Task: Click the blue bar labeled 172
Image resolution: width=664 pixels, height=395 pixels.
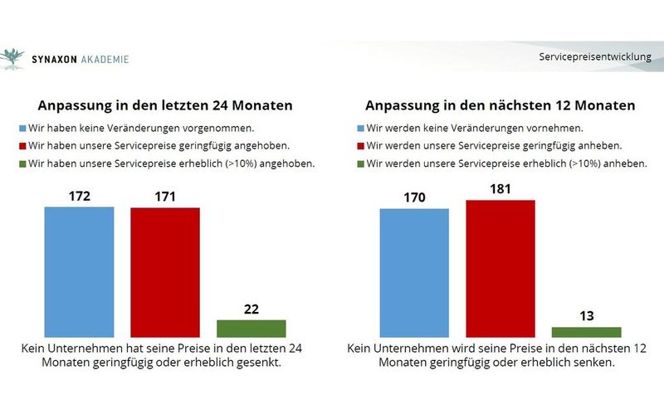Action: (79, 271)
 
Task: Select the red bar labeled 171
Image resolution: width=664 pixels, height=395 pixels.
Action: (164, 271)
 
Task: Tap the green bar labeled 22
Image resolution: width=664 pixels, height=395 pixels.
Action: (251, 327)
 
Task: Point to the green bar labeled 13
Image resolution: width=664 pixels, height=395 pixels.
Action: (586, 331)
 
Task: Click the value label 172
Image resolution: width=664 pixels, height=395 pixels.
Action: (79, 197)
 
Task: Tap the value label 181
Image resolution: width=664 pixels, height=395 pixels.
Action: (500, 190)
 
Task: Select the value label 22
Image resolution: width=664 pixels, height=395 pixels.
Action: (251, 310)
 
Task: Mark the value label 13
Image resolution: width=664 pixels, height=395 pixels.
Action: (586, 317)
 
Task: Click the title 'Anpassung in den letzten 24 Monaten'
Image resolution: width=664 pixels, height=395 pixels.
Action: (164, 106)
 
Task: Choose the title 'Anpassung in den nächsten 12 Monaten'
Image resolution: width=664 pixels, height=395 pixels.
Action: (501, 106)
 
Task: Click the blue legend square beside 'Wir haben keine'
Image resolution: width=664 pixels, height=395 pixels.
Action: (22, 129)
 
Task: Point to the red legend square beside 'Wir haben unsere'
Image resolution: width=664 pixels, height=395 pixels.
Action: (22, 146)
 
